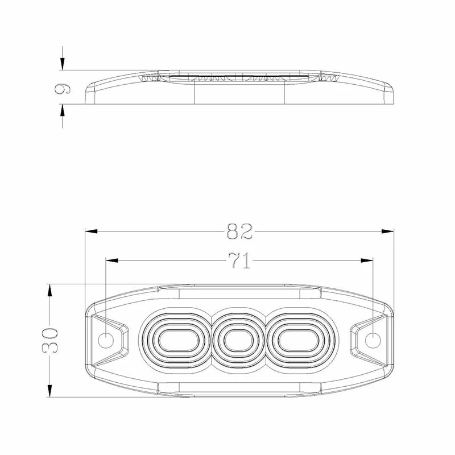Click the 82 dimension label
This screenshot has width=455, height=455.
(x=239, y=231)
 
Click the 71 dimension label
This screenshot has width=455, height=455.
(x=239, y=260)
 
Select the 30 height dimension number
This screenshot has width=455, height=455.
(x=50, y=340)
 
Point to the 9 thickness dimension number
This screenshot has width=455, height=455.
(x=62, y=89)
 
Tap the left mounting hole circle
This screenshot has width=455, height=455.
(x=106, y=340)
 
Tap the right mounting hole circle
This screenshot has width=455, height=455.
(x=373, y=340)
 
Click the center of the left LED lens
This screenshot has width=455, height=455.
(x=178, y=340)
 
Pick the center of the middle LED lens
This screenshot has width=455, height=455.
(x=239, y=340)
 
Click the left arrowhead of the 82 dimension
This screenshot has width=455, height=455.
(x=91, y=231)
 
